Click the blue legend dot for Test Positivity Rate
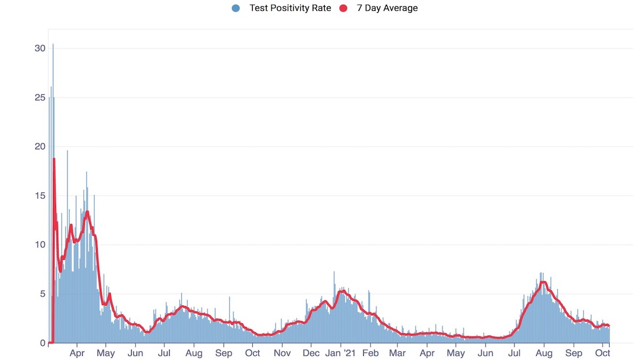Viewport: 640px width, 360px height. coord(236,8)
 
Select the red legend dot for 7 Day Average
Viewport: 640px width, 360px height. coord(343,8)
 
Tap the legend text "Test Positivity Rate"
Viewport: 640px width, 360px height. coord(290,8)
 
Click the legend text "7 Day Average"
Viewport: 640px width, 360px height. coord(387,8)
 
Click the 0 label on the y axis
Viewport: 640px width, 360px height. coord(43,343)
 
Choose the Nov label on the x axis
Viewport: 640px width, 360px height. coord(282,353)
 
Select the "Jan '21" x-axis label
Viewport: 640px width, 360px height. coord(341,353)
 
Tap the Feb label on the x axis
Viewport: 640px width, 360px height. coord(370,353)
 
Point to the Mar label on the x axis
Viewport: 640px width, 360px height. coord(397,353)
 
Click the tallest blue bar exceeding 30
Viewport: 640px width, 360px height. coord(53,45)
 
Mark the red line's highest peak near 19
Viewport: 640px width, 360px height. coord(54,159)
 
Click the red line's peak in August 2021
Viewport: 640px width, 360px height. coord(543,283)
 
